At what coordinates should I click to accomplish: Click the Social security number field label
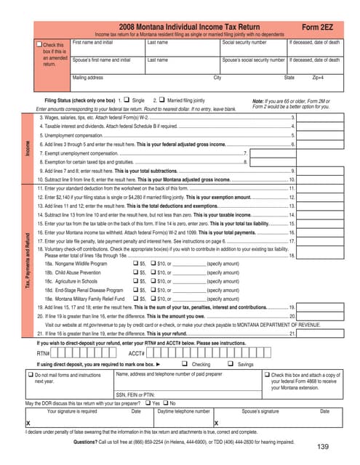click(x=245, y=43)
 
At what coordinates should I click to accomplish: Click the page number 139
click(x=325, y=447)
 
